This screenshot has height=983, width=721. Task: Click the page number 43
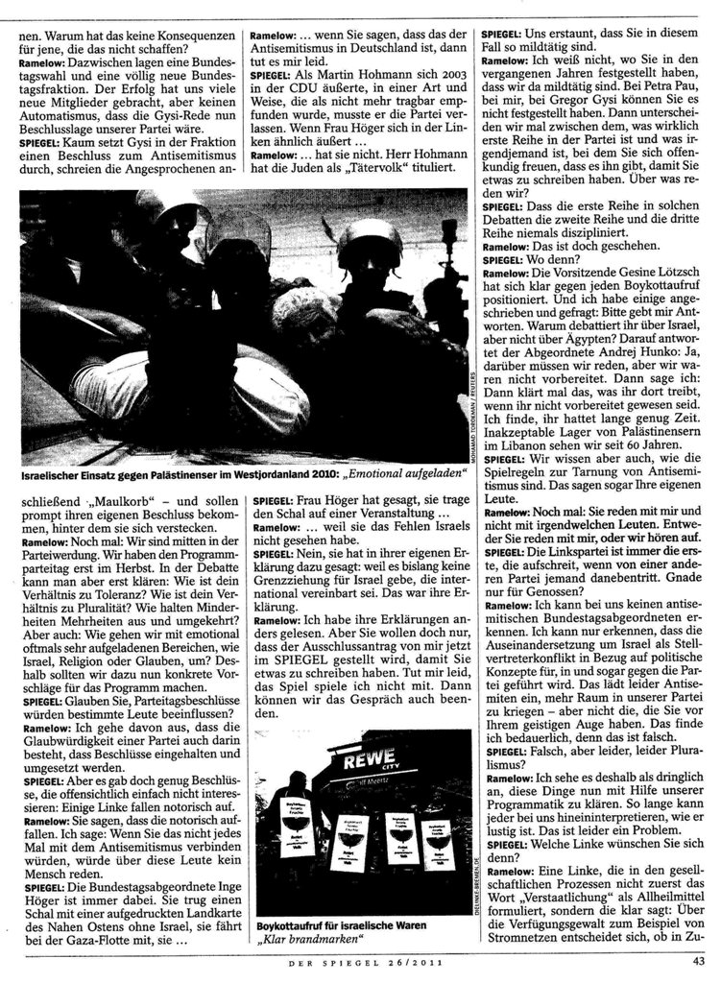(x=698, y=961)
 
